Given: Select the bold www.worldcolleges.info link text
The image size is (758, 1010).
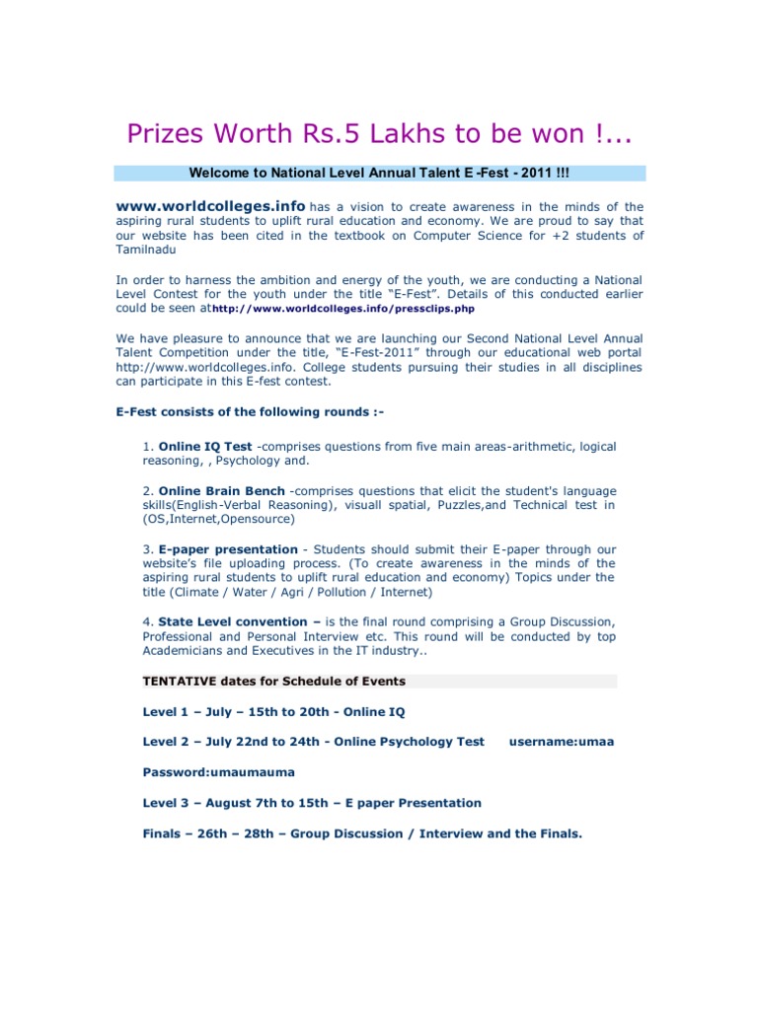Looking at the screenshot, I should [210, 206].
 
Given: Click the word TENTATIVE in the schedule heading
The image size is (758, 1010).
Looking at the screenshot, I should [180, 682].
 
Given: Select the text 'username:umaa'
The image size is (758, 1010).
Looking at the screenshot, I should [561, 742].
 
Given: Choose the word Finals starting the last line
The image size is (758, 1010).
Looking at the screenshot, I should [165, 833].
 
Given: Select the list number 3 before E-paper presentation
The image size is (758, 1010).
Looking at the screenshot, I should [147, 549].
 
